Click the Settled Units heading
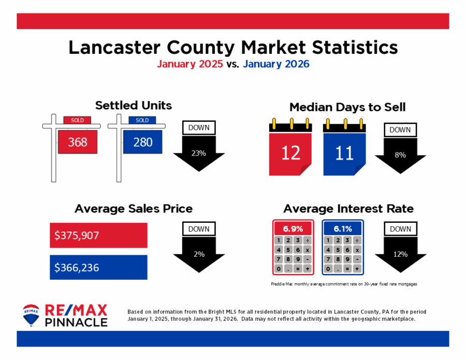(133, 106)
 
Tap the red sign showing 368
(78, 141)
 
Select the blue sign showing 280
(142, 141)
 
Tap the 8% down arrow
(400, 155)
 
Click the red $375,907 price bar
(98, 235)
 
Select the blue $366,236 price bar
(98, 267)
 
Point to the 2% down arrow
(199, 254)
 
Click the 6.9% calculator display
(293, 228)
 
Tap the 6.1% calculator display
(343, 228)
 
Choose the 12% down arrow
(400, 254)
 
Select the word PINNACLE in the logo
(77, 322)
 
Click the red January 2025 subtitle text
(190, 64)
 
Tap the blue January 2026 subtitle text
(275, 64)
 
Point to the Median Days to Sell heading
(347, 107)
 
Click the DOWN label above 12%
(400, 229)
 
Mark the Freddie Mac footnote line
(344, 284)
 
